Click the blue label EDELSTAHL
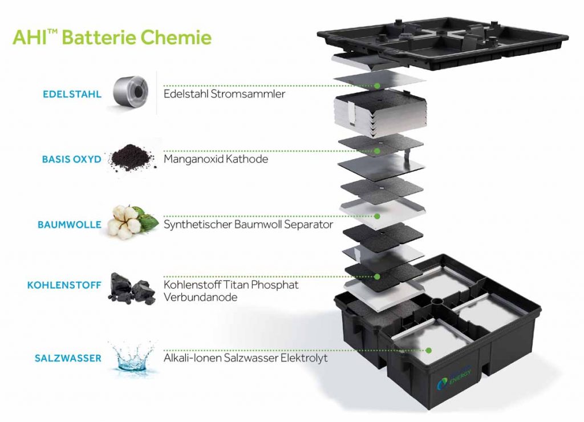tap(72, 94)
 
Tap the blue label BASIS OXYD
tap(72, 159)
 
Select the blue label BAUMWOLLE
tap(70, 225)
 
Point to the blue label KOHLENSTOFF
tap(64, 284)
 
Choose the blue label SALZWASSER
tap(67, 358)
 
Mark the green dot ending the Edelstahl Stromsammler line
tap(378, 86)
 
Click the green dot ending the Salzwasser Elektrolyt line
tap(428, 350)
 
